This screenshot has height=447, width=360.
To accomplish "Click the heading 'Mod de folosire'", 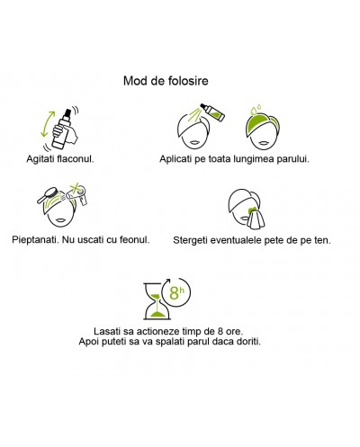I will point(166,81).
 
